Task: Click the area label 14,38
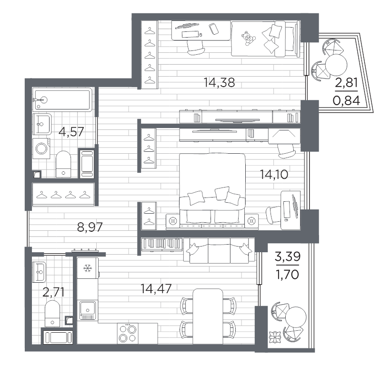pyautogui.click(x=219, y=82)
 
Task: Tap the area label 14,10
pyautogui.click(x=274, y=174)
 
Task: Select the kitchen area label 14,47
pyautogui.click(x=156, y=288)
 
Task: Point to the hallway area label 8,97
pyautogui.click(x=90, y=227)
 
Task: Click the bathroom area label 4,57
pyautogui.click(x=71, y=132)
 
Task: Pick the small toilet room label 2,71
pyautogui.click(x=53, y=292)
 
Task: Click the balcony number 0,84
pyautogui.click(x=346, y=100)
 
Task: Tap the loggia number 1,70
pyautogui.click(x=287, y=275)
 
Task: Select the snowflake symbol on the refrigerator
pyautogui.click(x=87, y=268)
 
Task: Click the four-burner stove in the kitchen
pyautogui.click(x=128, y=333)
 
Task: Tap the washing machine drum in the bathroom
pyautogui.click(x=41, y=148)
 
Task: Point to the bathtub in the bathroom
pyautogui.click(x=62, y=99)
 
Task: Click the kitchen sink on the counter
pyautogui.click(x=88, y=310)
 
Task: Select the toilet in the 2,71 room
pyautogui.click(x=52, y=314)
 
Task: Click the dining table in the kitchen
pyautogui.click(x=208, y=316)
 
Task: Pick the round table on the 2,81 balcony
pyautogui.click(x=336, y=65)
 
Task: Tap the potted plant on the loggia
pyautogui.click(x=275, y=337)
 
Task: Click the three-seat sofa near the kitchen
pyautogui.click(x=219, y=251)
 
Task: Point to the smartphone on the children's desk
pyautogui.click(x=213, y=29)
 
